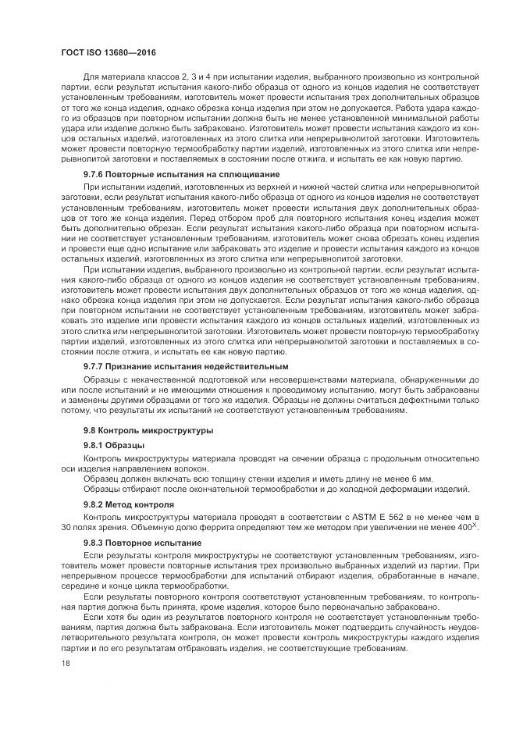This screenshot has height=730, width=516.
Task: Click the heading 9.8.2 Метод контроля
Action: [x=129, y=505]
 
